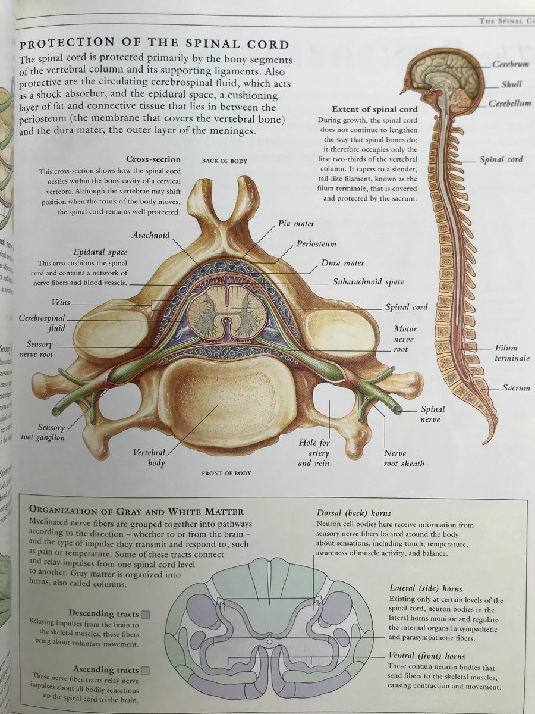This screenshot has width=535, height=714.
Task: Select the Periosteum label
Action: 316,244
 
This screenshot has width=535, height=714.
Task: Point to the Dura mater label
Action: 343,262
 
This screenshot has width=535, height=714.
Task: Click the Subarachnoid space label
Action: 369,282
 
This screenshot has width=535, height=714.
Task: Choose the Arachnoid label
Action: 151,236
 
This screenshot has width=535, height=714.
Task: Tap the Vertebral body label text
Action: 149,458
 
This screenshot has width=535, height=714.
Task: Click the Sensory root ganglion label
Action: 51,433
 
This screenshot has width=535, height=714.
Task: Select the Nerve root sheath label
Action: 404,458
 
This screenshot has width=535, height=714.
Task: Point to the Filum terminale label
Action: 512,353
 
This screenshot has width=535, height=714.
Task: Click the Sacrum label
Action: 515,388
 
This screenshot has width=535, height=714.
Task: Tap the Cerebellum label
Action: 509,104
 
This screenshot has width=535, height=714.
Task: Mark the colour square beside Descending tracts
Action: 146,614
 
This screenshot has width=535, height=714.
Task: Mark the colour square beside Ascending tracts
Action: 146,671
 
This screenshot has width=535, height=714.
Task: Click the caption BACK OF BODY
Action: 224,161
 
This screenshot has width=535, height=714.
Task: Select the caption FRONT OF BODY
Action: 226,474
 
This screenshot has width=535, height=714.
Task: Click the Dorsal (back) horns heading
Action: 354,513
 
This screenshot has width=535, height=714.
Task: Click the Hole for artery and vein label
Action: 314,453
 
